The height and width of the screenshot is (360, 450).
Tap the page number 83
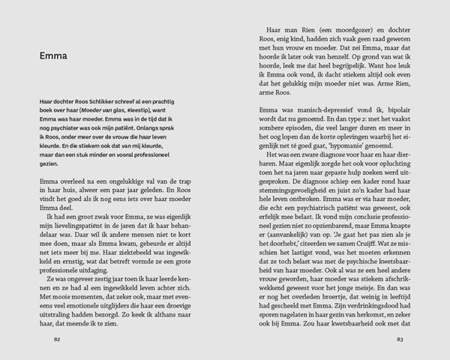400,340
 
